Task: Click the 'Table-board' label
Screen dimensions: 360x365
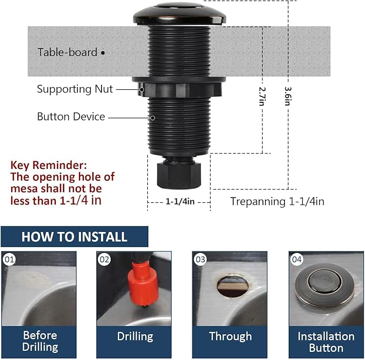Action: pyautogui.click(x=67, y=52)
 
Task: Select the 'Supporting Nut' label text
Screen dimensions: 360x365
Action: pyautogui.click(x=75, y=89)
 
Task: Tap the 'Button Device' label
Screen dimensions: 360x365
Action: pyautogui.click(x=71, y=117)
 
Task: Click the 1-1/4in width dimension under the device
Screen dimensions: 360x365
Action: pyautogui.click(x=180, y=201)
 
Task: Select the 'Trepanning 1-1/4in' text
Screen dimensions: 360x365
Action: pyautogui.click(x=277, y=201)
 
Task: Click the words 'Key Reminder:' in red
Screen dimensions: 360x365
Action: pyautogui.click(x=48, y=165)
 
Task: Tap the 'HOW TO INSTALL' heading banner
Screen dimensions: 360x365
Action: pyautogui.click(x=74, y=237)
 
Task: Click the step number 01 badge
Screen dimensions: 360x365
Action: pyautogui.click(x=9, y=260)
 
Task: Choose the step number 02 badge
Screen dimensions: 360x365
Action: pyautogui.click(x=104, y=260)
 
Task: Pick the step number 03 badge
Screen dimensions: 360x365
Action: pyautogui.click(x=201, y=260)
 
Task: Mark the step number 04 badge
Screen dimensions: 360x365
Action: pyautogui.click(x=297, y=260)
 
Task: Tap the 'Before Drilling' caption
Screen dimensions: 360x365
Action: pyautogui.click(x=40, y=341)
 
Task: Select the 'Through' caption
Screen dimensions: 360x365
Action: pyautogui.click(x=230, y=336)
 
